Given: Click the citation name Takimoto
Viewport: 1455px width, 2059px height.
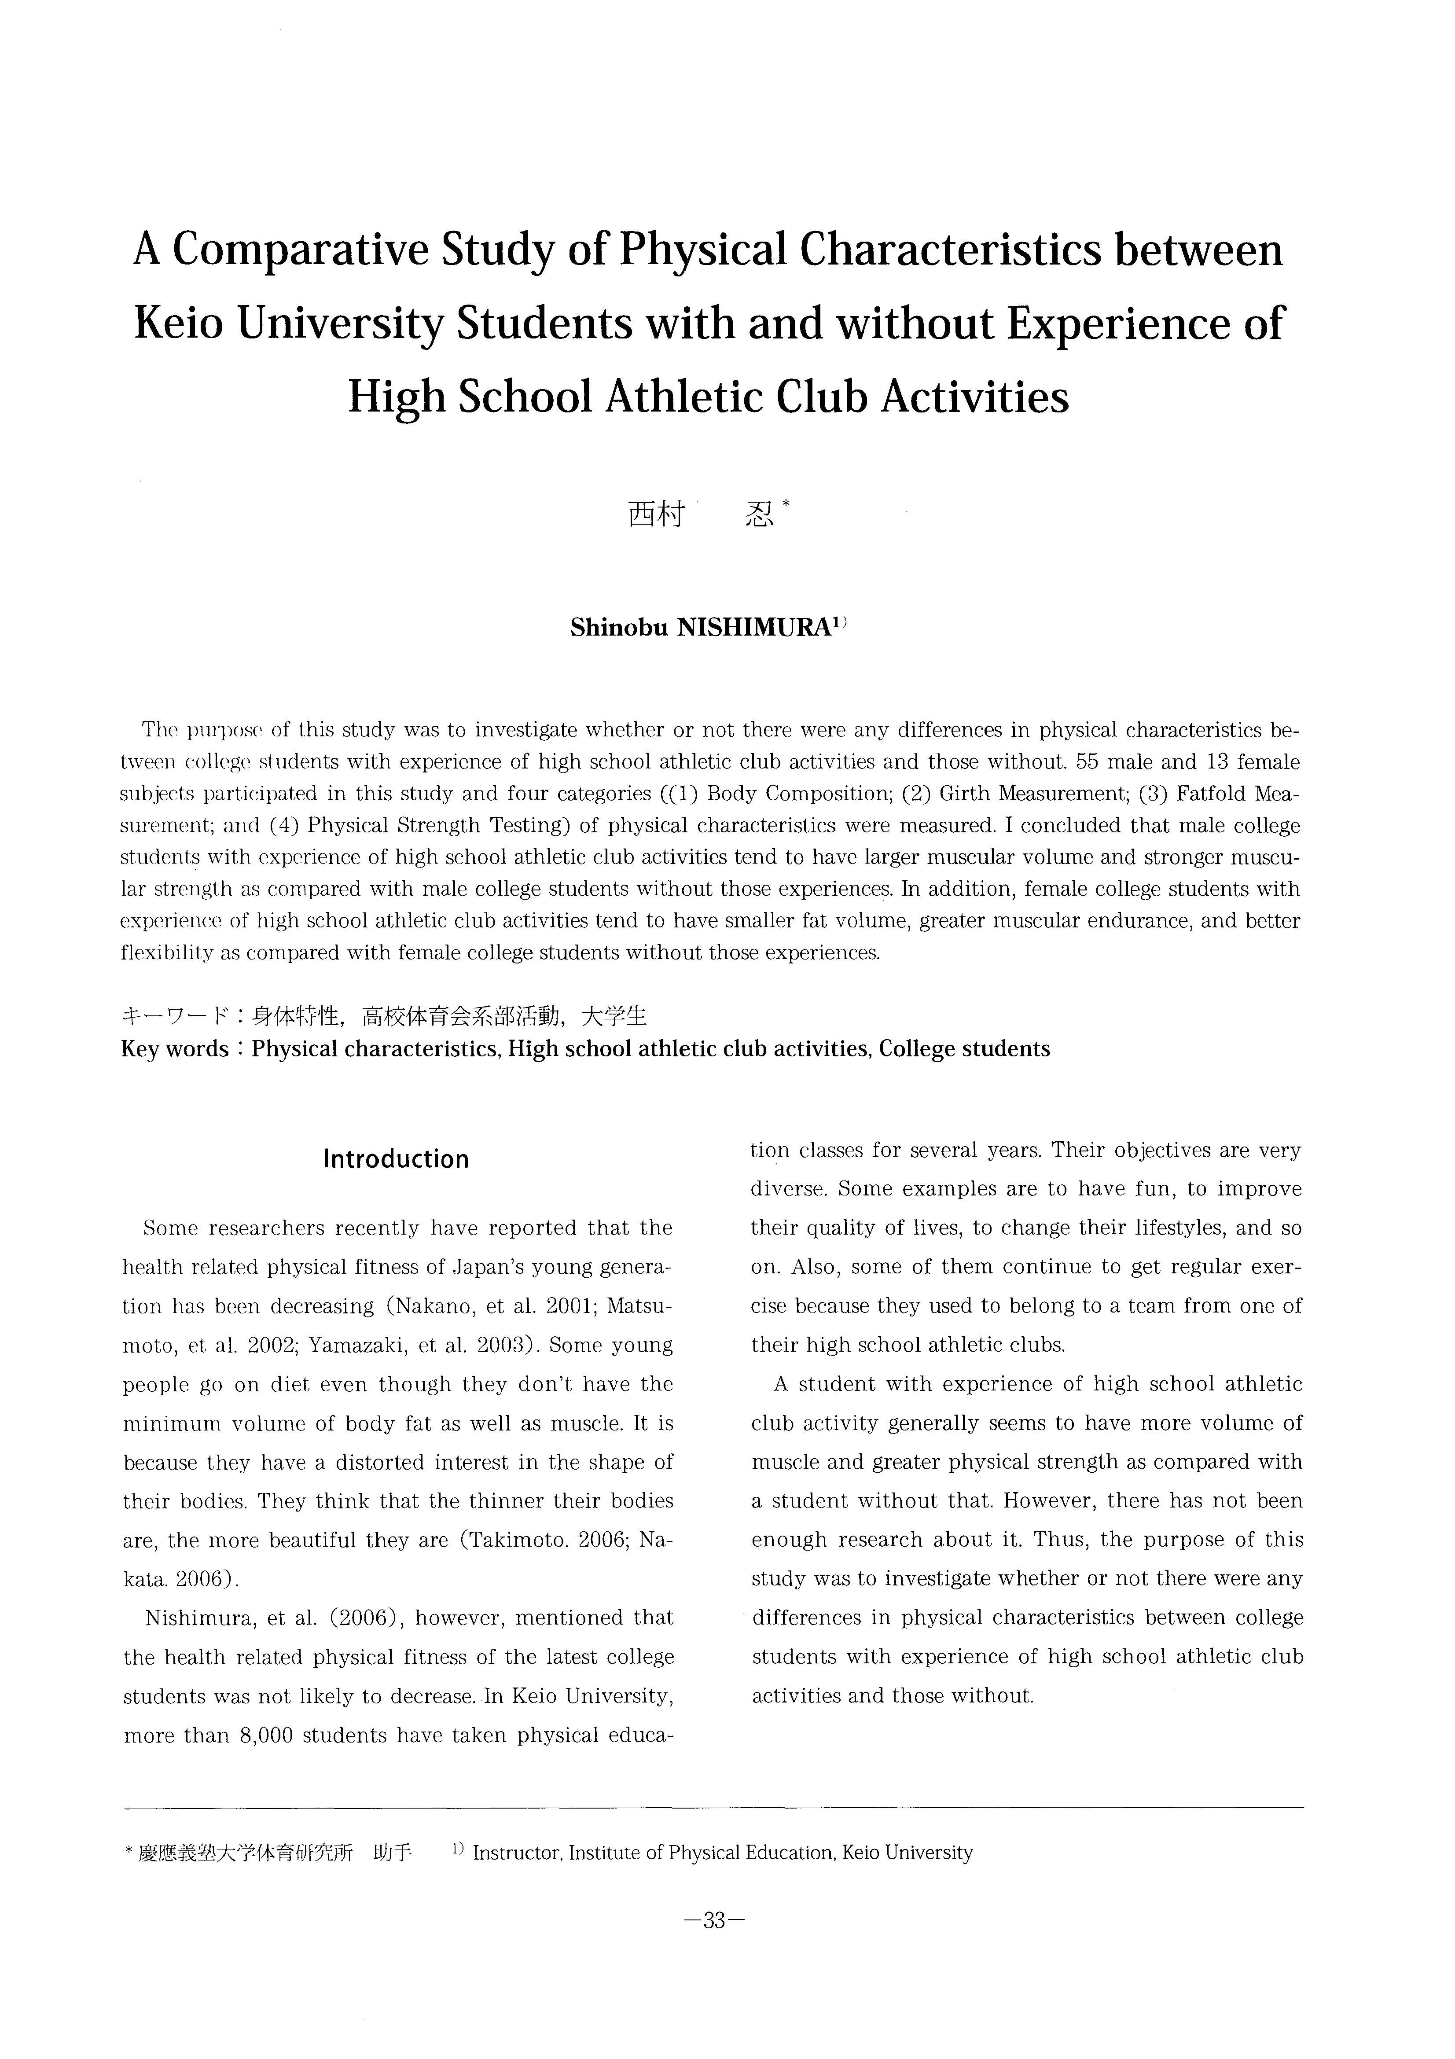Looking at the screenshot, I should click(x=512, y=1541).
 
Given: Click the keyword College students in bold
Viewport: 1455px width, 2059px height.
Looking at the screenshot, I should click(x=964, y=1049).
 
